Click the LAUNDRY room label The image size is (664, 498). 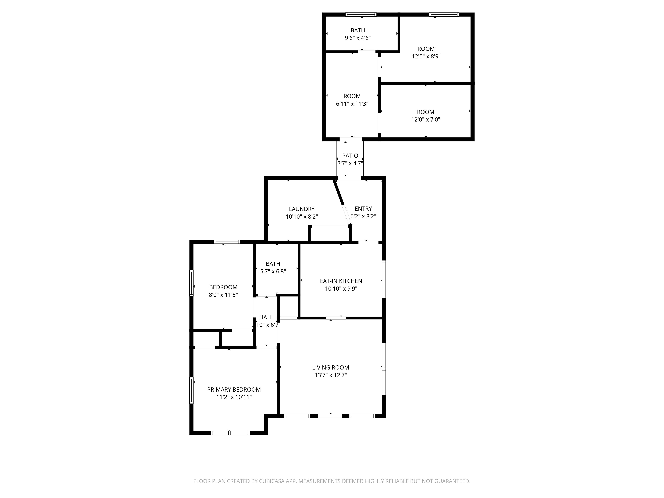302,209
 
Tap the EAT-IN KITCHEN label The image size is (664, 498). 341,281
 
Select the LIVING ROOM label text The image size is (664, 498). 331,367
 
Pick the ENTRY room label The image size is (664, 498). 363,209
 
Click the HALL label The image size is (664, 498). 266,317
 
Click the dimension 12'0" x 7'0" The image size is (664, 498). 426,120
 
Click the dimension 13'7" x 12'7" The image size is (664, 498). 331,375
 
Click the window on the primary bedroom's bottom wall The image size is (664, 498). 230,433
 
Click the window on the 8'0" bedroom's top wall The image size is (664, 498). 227,242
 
